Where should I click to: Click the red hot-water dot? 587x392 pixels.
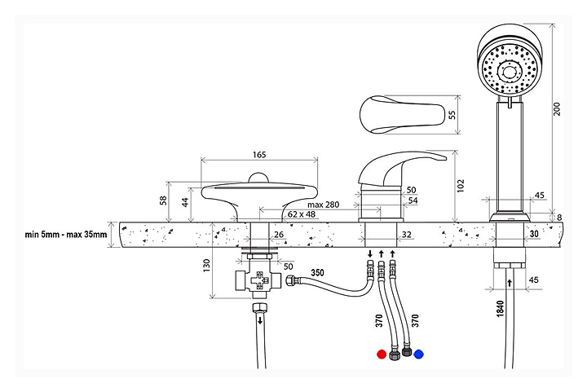381,355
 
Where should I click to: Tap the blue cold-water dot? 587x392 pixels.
418,355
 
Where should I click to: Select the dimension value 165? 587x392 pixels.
259,154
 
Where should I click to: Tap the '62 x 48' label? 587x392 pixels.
302,215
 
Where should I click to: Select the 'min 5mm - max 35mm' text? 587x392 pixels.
65,236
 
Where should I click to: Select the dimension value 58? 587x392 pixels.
162,200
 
